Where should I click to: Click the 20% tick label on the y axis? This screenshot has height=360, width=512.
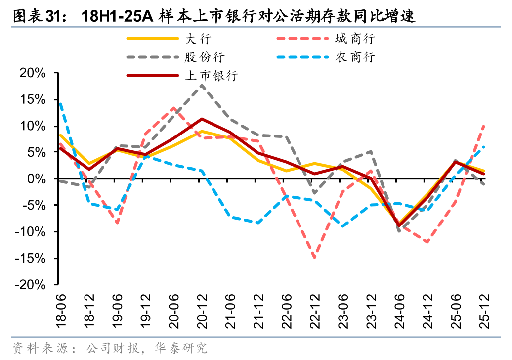pyautogui.click(x=33, y=73)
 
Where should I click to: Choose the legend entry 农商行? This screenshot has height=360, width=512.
pyautogui.click(x=355, y=57)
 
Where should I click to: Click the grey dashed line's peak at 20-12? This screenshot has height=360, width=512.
pyautogui.click(x=202, y=85)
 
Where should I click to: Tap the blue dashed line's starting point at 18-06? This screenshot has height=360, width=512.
pyautogui.click(x=60, y=103)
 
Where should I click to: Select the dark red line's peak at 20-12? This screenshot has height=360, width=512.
pyautogui.click(x=202, y=119)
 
